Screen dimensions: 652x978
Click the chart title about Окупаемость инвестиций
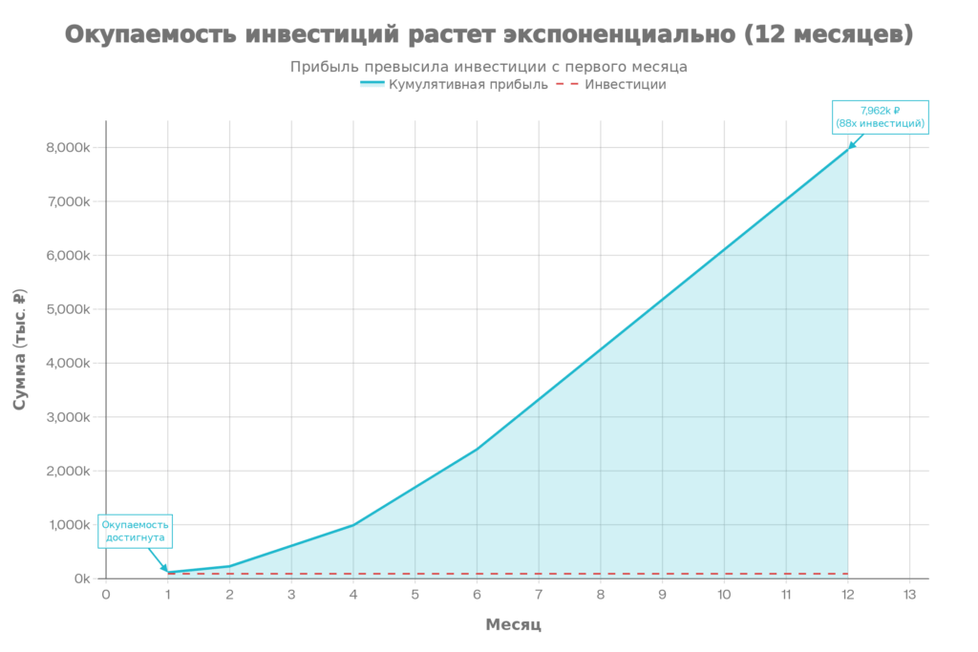coord(489,35)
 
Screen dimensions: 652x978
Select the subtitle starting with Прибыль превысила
coord(489,67)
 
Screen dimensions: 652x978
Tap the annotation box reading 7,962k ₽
coord(881,116)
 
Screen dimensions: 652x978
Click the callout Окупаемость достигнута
coord(136,532)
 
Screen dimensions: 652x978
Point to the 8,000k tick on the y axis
coord(70,148)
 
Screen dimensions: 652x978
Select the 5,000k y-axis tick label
coord(70,309)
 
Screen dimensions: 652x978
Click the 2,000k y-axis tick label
coord(70,471)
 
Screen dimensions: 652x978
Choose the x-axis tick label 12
coord(847,594)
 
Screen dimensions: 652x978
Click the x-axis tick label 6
coord(477,594)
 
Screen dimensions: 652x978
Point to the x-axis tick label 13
coord(909,594)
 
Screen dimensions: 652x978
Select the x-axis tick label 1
coord(167,594)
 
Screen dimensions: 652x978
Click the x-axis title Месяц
coord(513,625)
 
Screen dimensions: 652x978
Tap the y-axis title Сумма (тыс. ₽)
coord(20,348)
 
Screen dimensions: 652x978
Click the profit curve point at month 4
coord(353,522)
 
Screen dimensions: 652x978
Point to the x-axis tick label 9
coord(662,594)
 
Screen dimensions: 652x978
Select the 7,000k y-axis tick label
coord(70,201)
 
